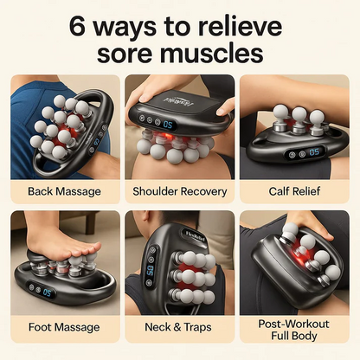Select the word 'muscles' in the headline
pos(209,54)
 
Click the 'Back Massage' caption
pos(64,191)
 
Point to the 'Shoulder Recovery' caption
pos(179,191)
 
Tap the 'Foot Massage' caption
pos(64,327)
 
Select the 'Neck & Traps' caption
pos(179,327)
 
